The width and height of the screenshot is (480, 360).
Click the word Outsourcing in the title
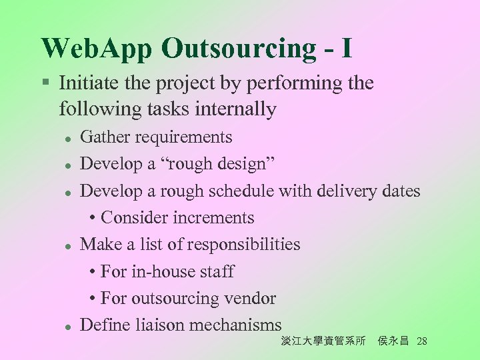(x=239, y=49)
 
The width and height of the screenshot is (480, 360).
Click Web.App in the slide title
(x=97, y=49)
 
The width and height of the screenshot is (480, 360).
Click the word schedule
(x=241, y=191)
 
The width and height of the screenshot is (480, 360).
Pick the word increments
(x=214, y=218)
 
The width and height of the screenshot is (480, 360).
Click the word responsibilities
(x=243, y=245)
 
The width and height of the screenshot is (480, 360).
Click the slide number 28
(x=421, y=341)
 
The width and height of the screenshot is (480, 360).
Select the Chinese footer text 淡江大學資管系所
(x=323, y=341)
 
